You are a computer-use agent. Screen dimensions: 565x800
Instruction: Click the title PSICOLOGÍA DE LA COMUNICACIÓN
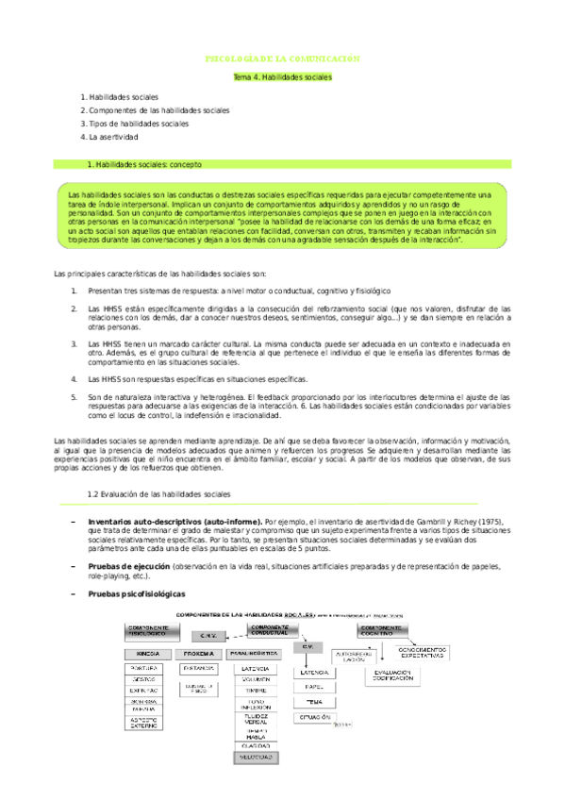283,58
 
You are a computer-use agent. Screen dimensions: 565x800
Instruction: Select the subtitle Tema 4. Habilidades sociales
283,77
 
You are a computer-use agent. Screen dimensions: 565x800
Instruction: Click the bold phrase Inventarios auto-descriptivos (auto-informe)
174,522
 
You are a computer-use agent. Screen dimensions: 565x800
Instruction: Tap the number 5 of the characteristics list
75,397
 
